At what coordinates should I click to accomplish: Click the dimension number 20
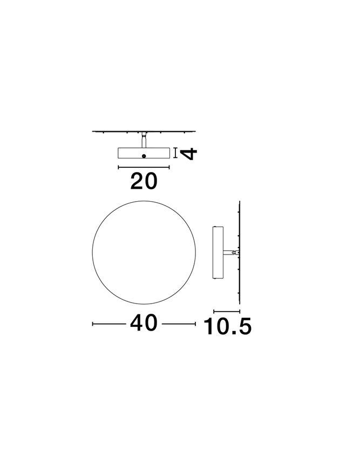(x=144, y=181)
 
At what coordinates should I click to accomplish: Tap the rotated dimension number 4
(x=188, y=153)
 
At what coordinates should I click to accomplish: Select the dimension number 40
(x=144, y=322)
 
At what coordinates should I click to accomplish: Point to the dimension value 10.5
(x=227, y=326)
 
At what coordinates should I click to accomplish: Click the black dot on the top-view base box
(x=144, y=156)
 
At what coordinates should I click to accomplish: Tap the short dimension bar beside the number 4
(x=175, y=153)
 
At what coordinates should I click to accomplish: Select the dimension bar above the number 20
(x=144, y=167)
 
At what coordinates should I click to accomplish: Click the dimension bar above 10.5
(x=227, y=311)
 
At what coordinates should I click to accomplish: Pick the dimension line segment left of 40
(x=109, y=324)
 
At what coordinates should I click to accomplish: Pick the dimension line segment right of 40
(x=179, y=324)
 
